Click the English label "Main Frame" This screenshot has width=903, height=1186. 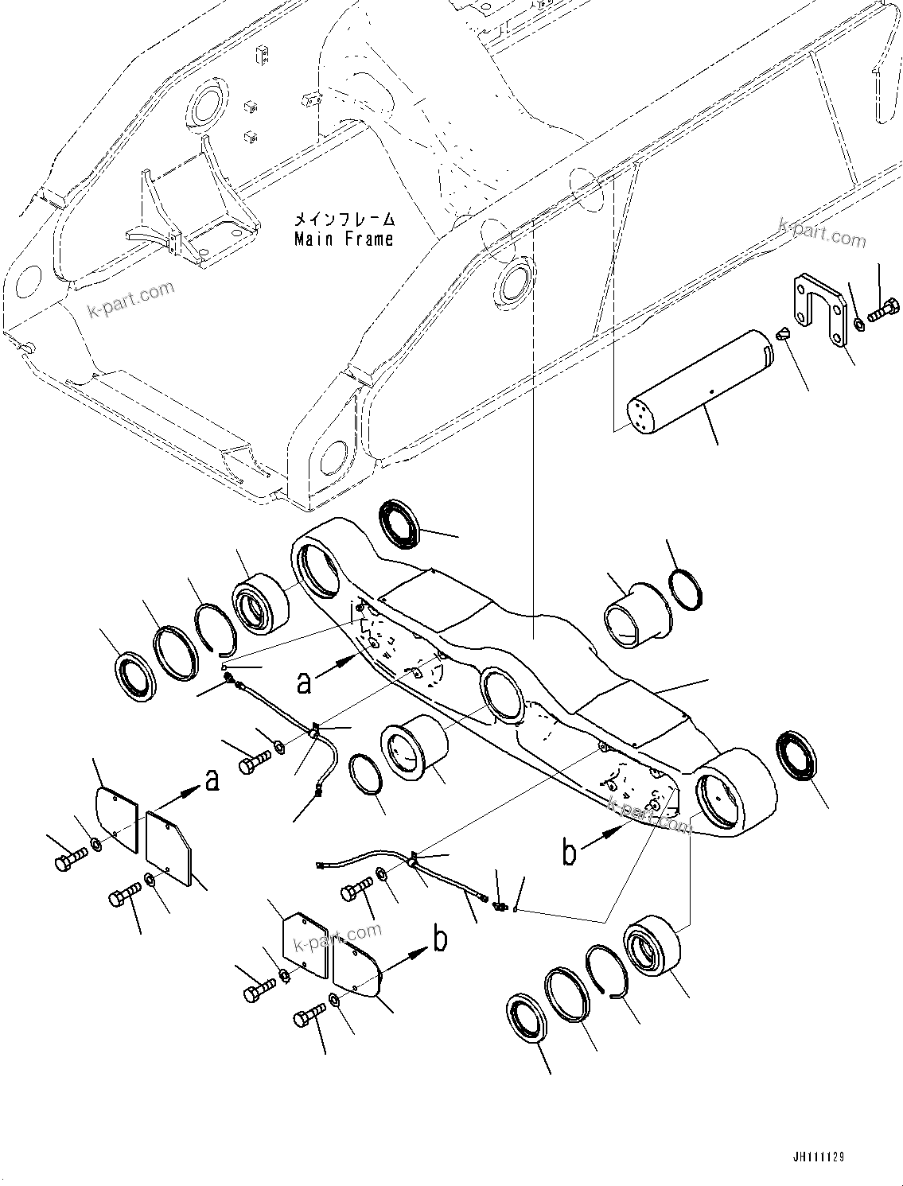(344, 239)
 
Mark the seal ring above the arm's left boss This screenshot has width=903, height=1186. (404, 524)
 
